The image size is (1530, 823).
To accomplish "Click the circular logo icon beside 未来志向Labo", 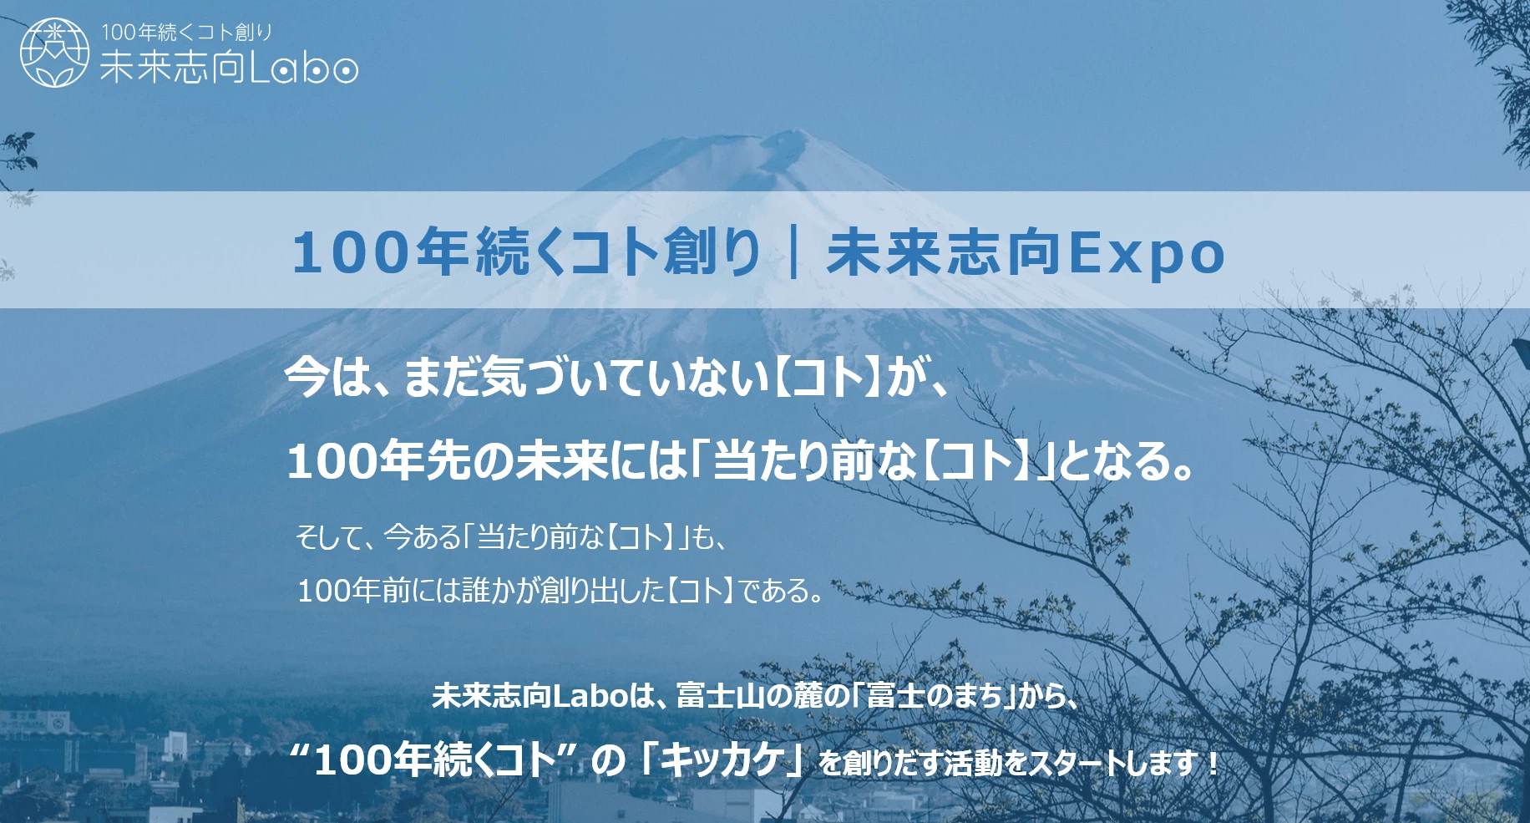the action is point(54,52).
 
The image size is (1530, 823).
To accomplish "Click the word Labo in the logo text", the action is point(304,67).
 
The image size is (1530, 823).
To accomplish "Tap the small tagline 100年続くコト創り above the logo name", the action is point(187,33).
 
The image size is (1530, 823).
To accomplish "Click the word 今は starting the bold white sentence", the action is point(327,377).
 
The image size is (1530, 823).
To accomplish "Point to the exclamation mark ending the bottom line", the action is point(1213,762).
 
